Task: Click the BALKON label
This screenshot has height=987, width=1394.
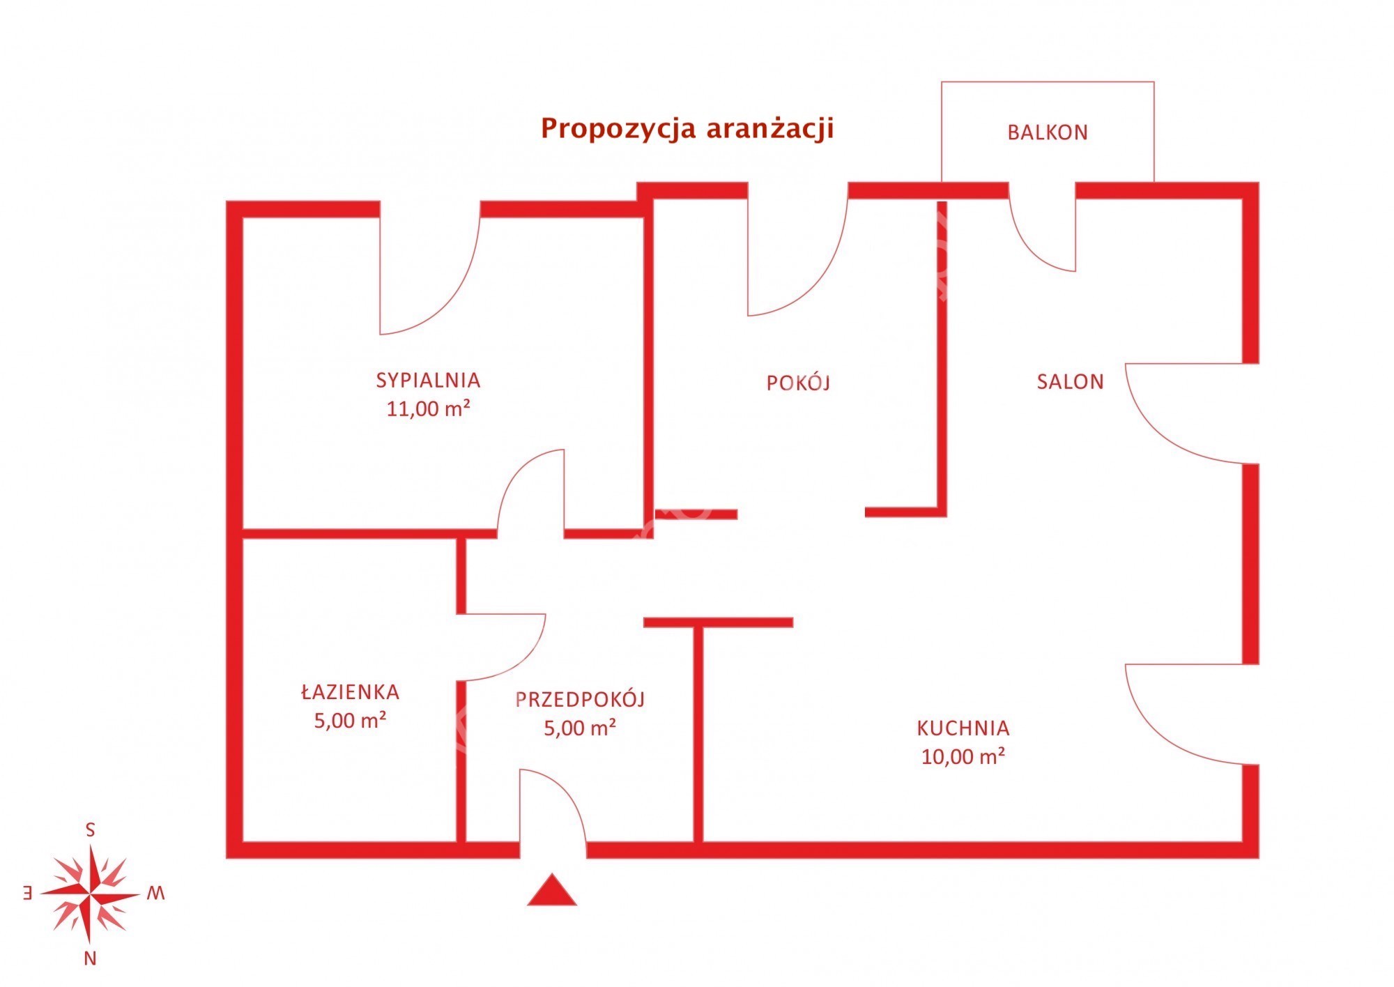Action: pos(1047,132)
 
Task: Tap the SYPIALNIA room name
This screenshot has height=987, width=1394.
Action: pos(428,381)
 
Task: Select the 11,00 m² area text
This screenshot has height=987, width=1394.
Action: pos(428,408)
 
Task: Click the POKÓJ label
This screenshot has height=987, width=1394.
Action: pos(798,382)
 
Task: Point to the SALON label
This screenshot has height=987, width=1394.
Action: pos(1070,382)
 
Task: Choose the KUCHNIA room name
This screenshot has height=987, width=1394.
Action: pos(963,728)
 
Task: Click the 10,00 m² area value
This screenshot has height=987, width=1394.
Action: pos(963,756)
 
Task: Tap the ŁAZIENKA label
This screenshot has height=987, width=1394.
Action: pos(350,691)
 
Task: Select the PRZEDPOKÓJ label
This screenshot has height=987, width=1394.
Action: pos(580,699)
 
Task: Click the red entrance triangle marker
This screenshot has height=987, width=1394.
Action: pos(552,891)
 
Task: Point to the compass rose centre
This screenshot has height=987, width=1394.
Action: pos(90,894)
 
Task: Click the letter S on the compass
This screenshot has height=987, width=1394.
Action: pos(90,829)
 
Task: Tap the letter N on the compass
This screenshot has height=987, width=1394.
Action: pos(90,959)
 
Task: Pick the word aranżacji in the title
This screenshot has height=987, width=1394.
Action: pos(769,130)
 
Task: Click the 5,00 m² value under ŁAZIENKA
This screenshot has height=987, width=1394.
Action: pos(350,720)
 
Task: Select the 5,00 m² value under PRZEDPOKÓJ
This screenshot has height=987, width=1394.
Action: pos(580,728)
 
